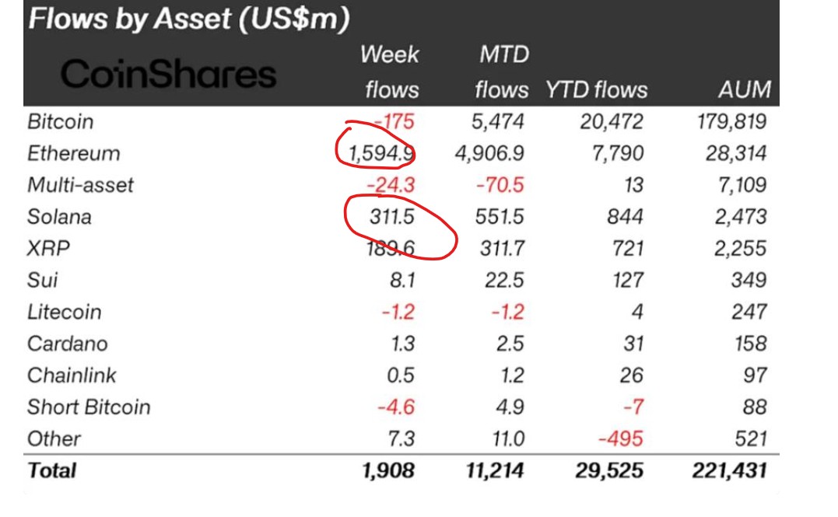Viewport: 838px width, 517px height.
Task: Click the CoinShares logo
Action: click(x=168, y=74)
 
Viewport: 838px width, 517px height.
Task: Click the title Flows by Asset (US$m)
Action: click(x=188, y=19)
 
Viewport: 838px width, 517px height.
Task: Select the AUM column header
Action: click(x=744, y=89)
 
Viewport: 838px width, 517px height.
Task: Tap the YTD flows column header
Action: click(x=596, y=89)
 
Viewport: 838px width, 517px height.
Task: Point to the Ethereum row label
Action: click(x=74, y=153)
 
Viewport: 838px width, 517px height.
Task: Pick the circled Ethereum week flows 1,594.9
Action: click(x=380, y=153)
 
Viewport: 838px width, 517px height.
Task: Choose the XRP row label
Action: click(x=47, y=248)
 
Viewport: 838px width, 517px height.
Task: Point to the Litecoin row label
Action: click(x=65, y=312)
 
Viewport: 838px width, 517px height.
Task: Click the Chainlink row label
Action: click(x=72, y=376)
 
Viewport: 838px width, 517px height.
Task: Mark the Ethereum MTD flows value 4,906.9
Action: click(x=490, y=153)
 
